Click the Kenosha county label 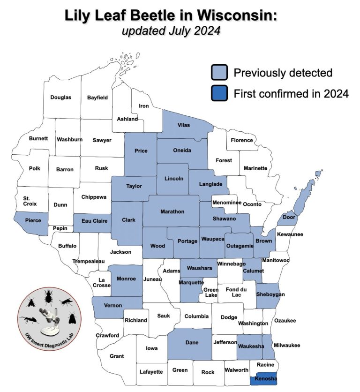[x=266, y=379]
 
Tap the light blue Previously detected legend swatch [x=219, y=73]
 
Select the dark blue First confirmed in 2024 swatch [x=219, y=94]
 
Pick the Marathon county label [x=172, y=211]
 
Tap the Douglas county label [x=61, y=98]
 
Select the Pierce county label [x=33, y=220]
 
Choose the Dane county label [x=192, y=343]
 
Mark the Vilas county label [x=184, y=125]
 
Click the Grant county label [x=117, y=356]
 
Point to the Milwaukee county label [x=287, y=346]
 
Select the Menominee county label [x=226, y=203]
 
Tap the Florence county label [x=242, y=140]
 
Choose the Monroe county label [x=126, y=279]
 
